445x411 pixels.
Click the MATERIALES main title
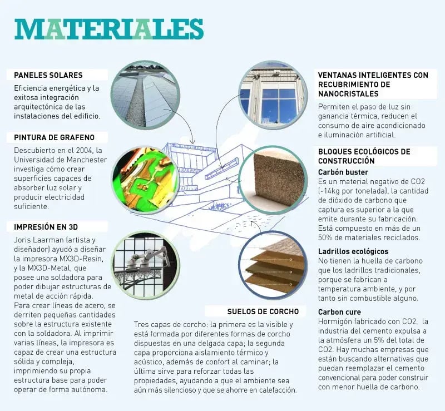pyautogui.click(x=109, y=29)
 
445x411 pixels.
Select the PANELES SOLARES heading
pyautogui.click(x=48, y=75)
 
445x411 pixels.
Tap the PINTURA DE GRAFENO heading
pyautogui.click(x=54, y=137)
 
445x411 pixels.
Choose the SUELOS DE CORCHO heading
pyautogui.click(x=263, y=311)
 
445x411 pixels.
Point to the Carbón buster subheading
pyautogui.click(x=343, y=172)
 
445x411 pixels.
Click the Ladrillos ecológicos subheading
pyautogui.click(x=353, y=251)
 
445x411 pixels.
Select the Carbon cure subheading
pyautogui.click(x=339, y=312)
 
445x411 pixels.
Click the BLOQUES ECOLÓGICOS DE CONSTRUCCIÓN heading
pyautogui.click(x=364, y=156)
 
